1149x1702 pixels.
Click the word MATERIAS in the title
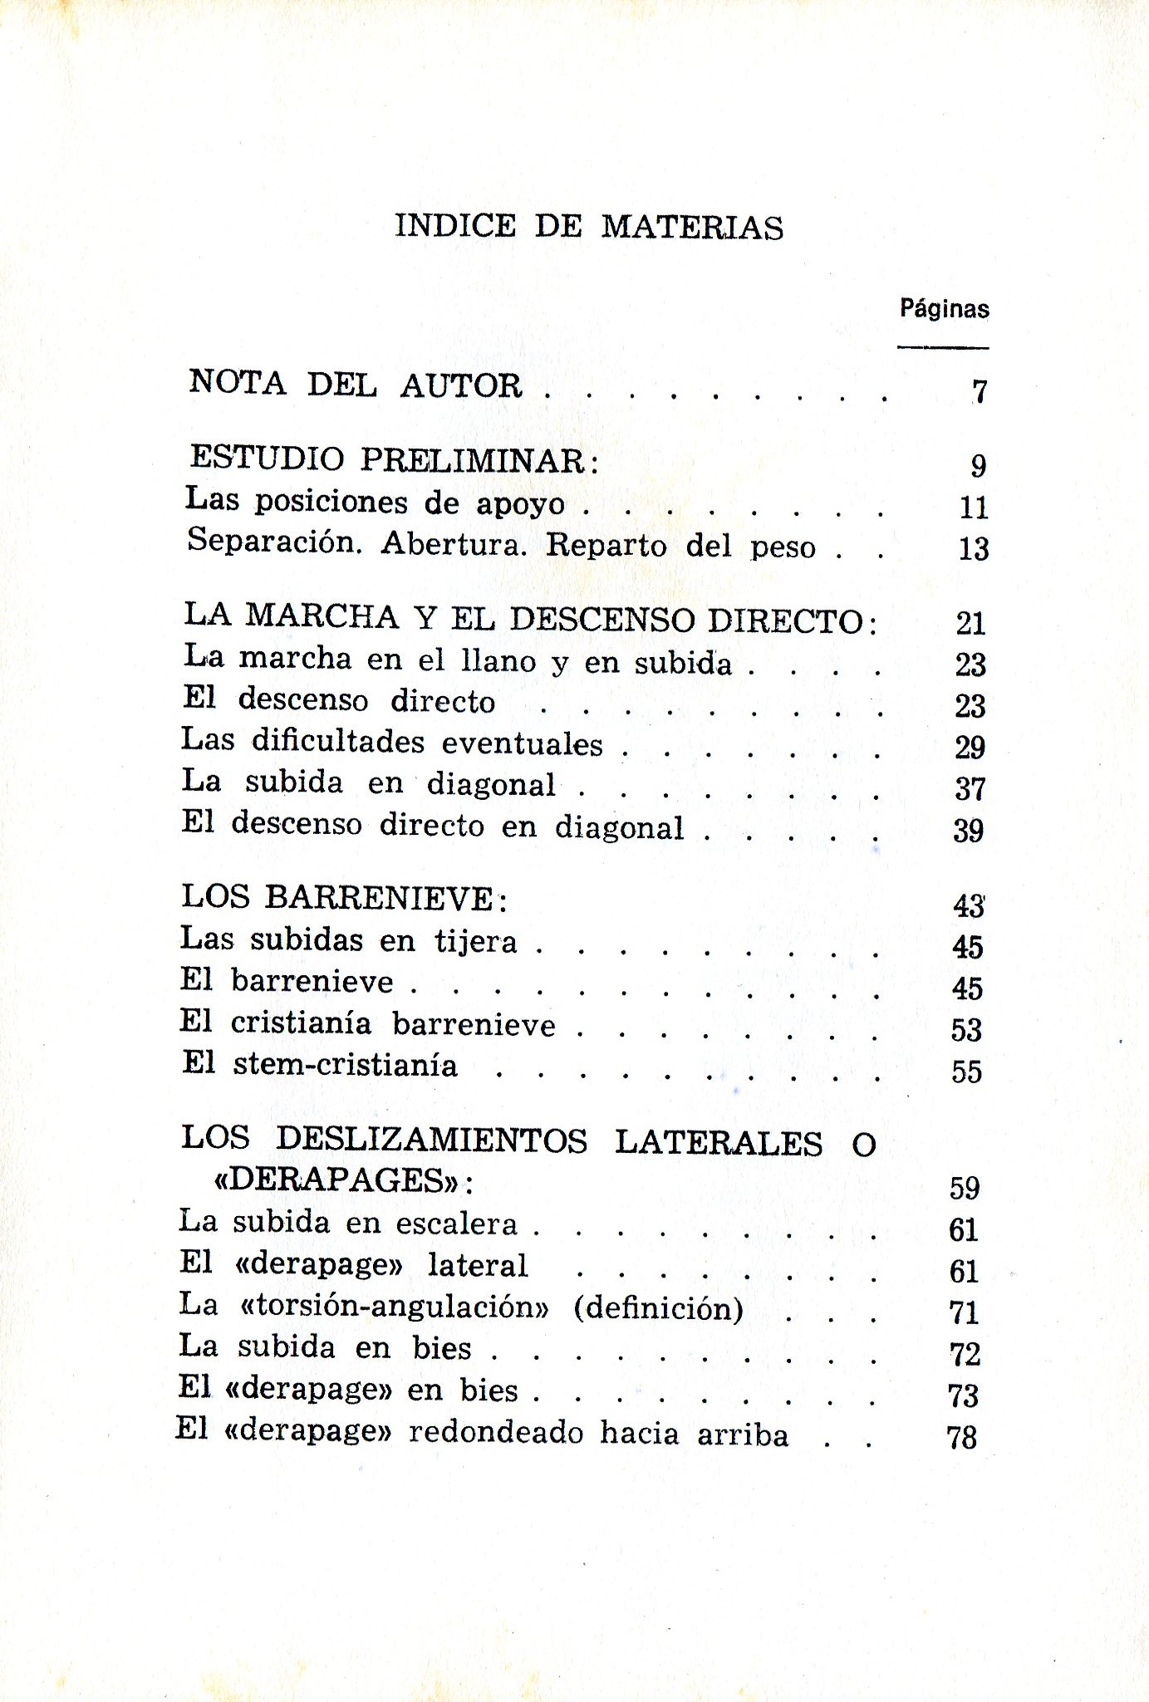[x=691, y=227]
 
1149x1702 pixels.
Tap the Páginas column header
[x=944, y=310]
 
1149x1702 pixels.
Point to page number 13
[x=973, y=549]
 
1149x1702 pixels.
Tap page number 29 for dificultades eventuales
[x=970, y=748]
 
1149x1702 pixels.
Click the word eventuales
[x=522, y=743]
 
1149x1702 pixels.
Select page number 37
[x=970, y=788]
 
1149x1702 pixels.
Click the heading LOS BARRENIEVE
[x=343, y=897]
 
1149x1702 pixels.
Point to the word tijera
[x=476, y=941]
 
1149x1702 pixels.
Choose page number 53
[x=966, y=1030]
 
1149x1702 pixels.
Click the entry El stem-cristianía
[x=320, y=1065]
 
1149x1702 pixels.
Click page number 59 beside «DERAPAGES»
[x=965, y=1188]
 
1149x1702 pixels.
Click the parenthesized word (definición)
[x=658, y=1308]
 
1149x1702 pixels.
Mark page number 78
[x=961, y=1437]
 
